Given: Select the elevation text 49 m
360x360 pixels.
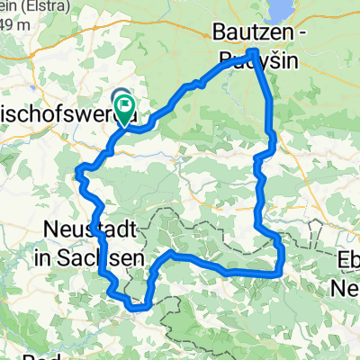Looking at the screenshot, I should pyautogui.click(x=11, y=23).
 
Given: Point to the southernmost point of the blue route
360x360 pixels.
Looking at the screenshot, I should pyautogui.click(x=137, y=309).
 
